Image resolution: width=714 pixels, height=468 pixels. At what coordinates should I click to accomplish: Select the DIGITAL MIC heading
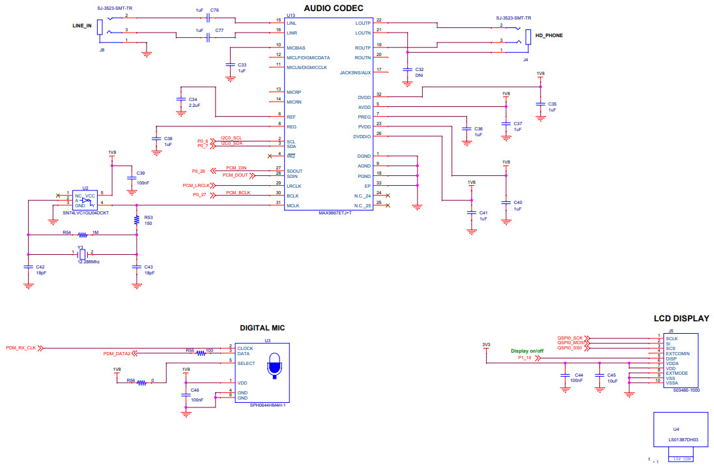click(x=262, y=328)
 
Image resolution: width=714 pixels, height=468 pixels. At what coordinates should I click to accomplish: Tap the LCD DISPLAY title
click(x=681, y=319)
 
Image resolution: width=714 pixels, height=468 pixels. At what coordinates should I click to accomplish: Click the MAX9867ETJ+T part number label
click(x=334, y=212)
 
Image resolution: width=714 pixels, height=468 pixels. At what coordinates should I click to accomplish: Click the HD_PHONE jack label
click(x=549, y=37)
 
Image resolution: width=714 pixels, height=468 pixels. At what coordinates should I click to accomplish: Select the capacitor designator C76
click(x=214, y=11)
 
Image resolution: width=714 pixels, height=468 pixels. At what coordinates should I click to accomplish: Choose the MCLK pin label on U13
click(x=293, y=206)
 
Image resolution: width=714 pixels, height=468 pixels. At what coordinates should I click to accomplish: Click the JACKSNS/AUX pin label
click(x=355, y=72)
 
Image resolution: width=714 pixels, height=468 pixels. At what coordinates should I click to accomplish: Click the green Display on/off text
click(x=526, y=351)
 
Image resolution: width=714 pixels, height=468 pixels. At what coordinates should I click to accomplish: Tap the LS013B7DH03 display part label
click(x=681, y=441)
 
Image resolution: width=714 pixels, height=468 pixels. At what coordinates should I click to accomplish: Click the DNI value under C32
click(x=419, y=76)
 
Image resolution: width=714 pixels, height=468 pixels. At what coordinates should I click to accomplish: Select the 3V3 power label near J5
click(x=485, y=344)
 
